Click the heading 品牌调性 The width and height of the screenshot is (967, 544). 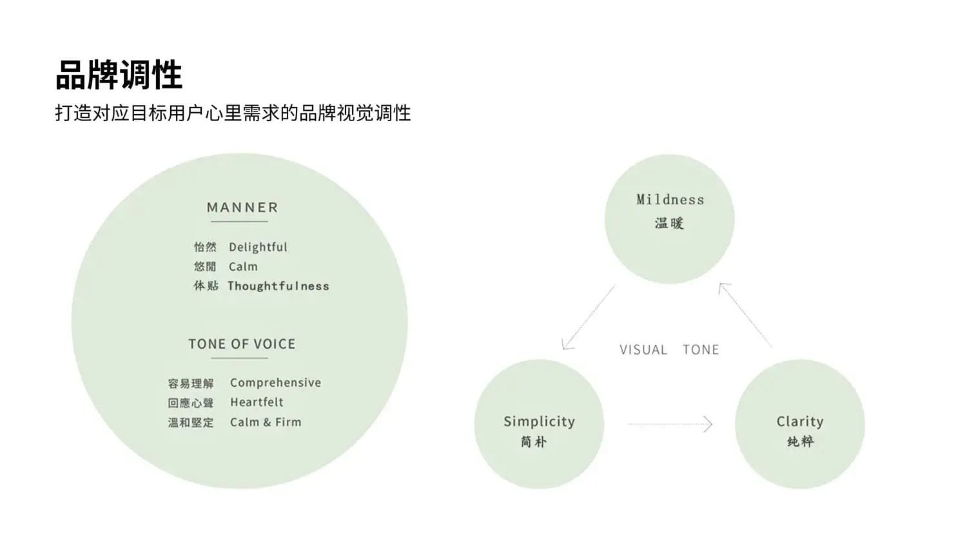click(x=119, y=75)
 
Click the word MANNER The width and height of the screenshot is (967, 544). click(x=242, y=208)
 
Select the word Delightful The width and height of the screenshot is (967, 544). click(x=258, y=247)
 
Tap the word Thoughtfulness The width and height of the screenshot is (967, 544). click(x=278, y=286)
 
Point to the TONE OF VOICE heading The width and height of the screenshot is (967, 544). click(x=242, y=344)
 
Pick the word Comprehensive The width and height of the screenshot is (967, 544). click(x=275, y=383)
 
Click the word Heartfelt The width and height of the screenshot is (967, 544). click(x=257, y=402)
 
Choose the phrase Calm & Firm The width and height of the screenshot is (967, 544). click(x=266, y=422)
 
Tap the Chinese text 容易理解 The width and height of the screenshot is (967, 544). click(x=191, y=384)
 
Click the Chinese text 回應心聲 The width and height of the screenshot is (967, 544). click(x=191, y=403)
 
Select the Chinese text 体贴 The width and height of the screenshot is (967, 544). click(x=206, y=286)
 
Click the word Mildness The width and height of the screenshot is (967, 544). click(x=670, y=200)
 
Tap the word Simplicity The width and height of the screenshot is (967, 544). click(x=539, y=422)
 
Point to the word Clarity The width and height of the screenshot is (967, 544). click(x=799, y=422)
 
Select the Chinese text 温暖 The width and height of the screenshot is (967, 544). click(x=669, y=223)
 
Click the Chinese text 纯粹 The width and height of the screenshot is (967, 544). click(x=800, y=442)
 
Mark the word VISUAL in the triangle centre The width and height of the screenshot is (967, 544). click(x=643, y=350)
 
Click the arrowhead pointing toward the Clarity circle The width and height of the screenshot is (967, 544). click(x=708, y=424)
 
